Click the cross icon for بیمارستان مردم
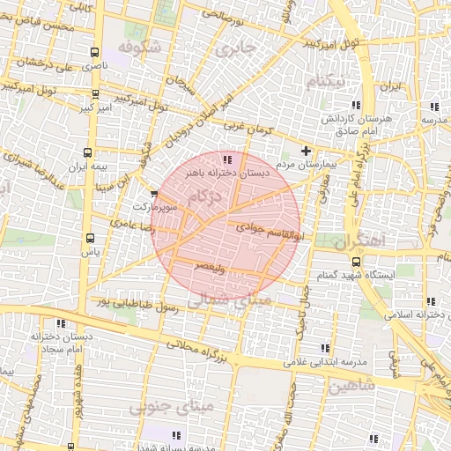[307, 150]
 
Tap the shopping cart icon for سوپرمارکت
[155, 193]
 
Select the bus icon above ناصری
[94, 53]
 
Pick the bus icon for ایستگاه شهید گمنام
[356, 261]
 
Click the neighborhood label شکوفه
[139, 46]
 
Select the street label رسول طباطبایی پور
[137, 310]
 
